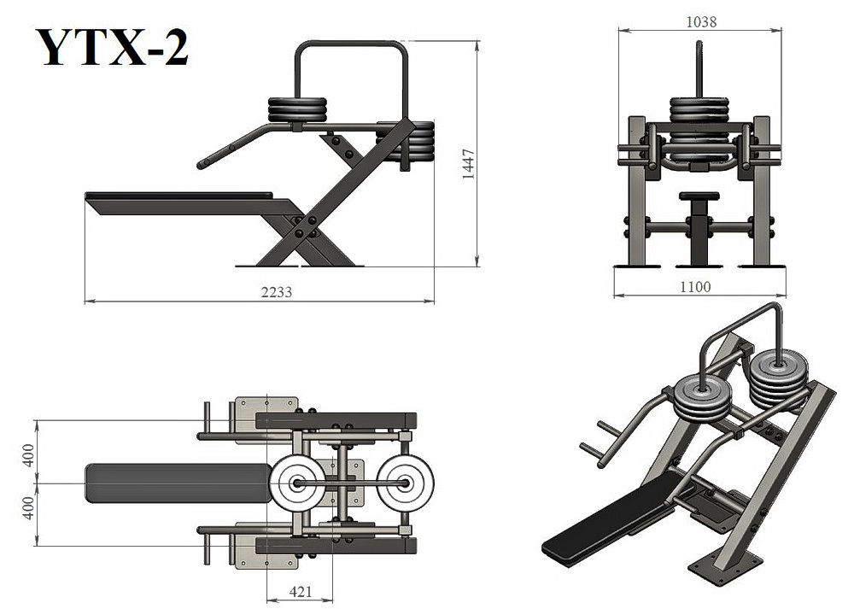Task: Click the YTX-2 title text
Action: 113,48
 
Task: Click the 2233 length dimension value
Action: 277,292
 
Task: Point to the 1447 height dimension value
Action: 468,165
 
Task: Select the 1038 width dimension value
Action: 701,22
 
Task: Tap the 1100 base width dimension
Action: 695,286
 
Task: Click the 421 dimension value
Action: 301,592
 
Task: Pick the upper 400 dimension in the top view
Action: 28,455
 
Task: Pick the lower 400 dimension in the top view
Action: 28,507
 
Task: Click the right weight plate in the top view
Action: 406,483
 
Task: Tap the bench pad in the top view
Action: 178,483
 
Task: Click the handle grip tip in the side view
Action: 202,163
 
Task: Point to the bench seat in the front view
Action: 699,196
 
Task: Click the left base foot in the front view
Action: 637,266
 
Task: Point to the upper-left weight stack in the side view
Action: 297,110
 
